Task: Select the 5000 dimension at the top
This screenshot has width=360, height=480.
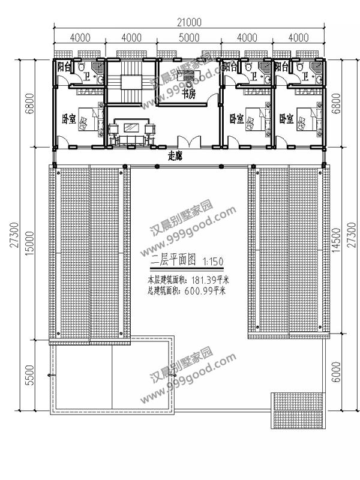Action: (188, 38)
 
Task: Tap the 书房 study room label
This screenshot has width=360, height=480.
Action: (189, 94)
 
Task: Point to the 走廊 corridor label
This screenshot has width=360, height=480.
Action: (175, 155)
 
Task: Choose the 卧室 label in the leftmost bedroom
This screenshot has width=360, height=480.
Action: (68, 118)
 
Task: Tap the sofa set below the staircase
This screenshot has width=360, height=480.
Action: (131, 131)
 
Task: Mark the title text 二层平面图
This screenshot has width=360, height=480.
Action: (173, 262)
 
